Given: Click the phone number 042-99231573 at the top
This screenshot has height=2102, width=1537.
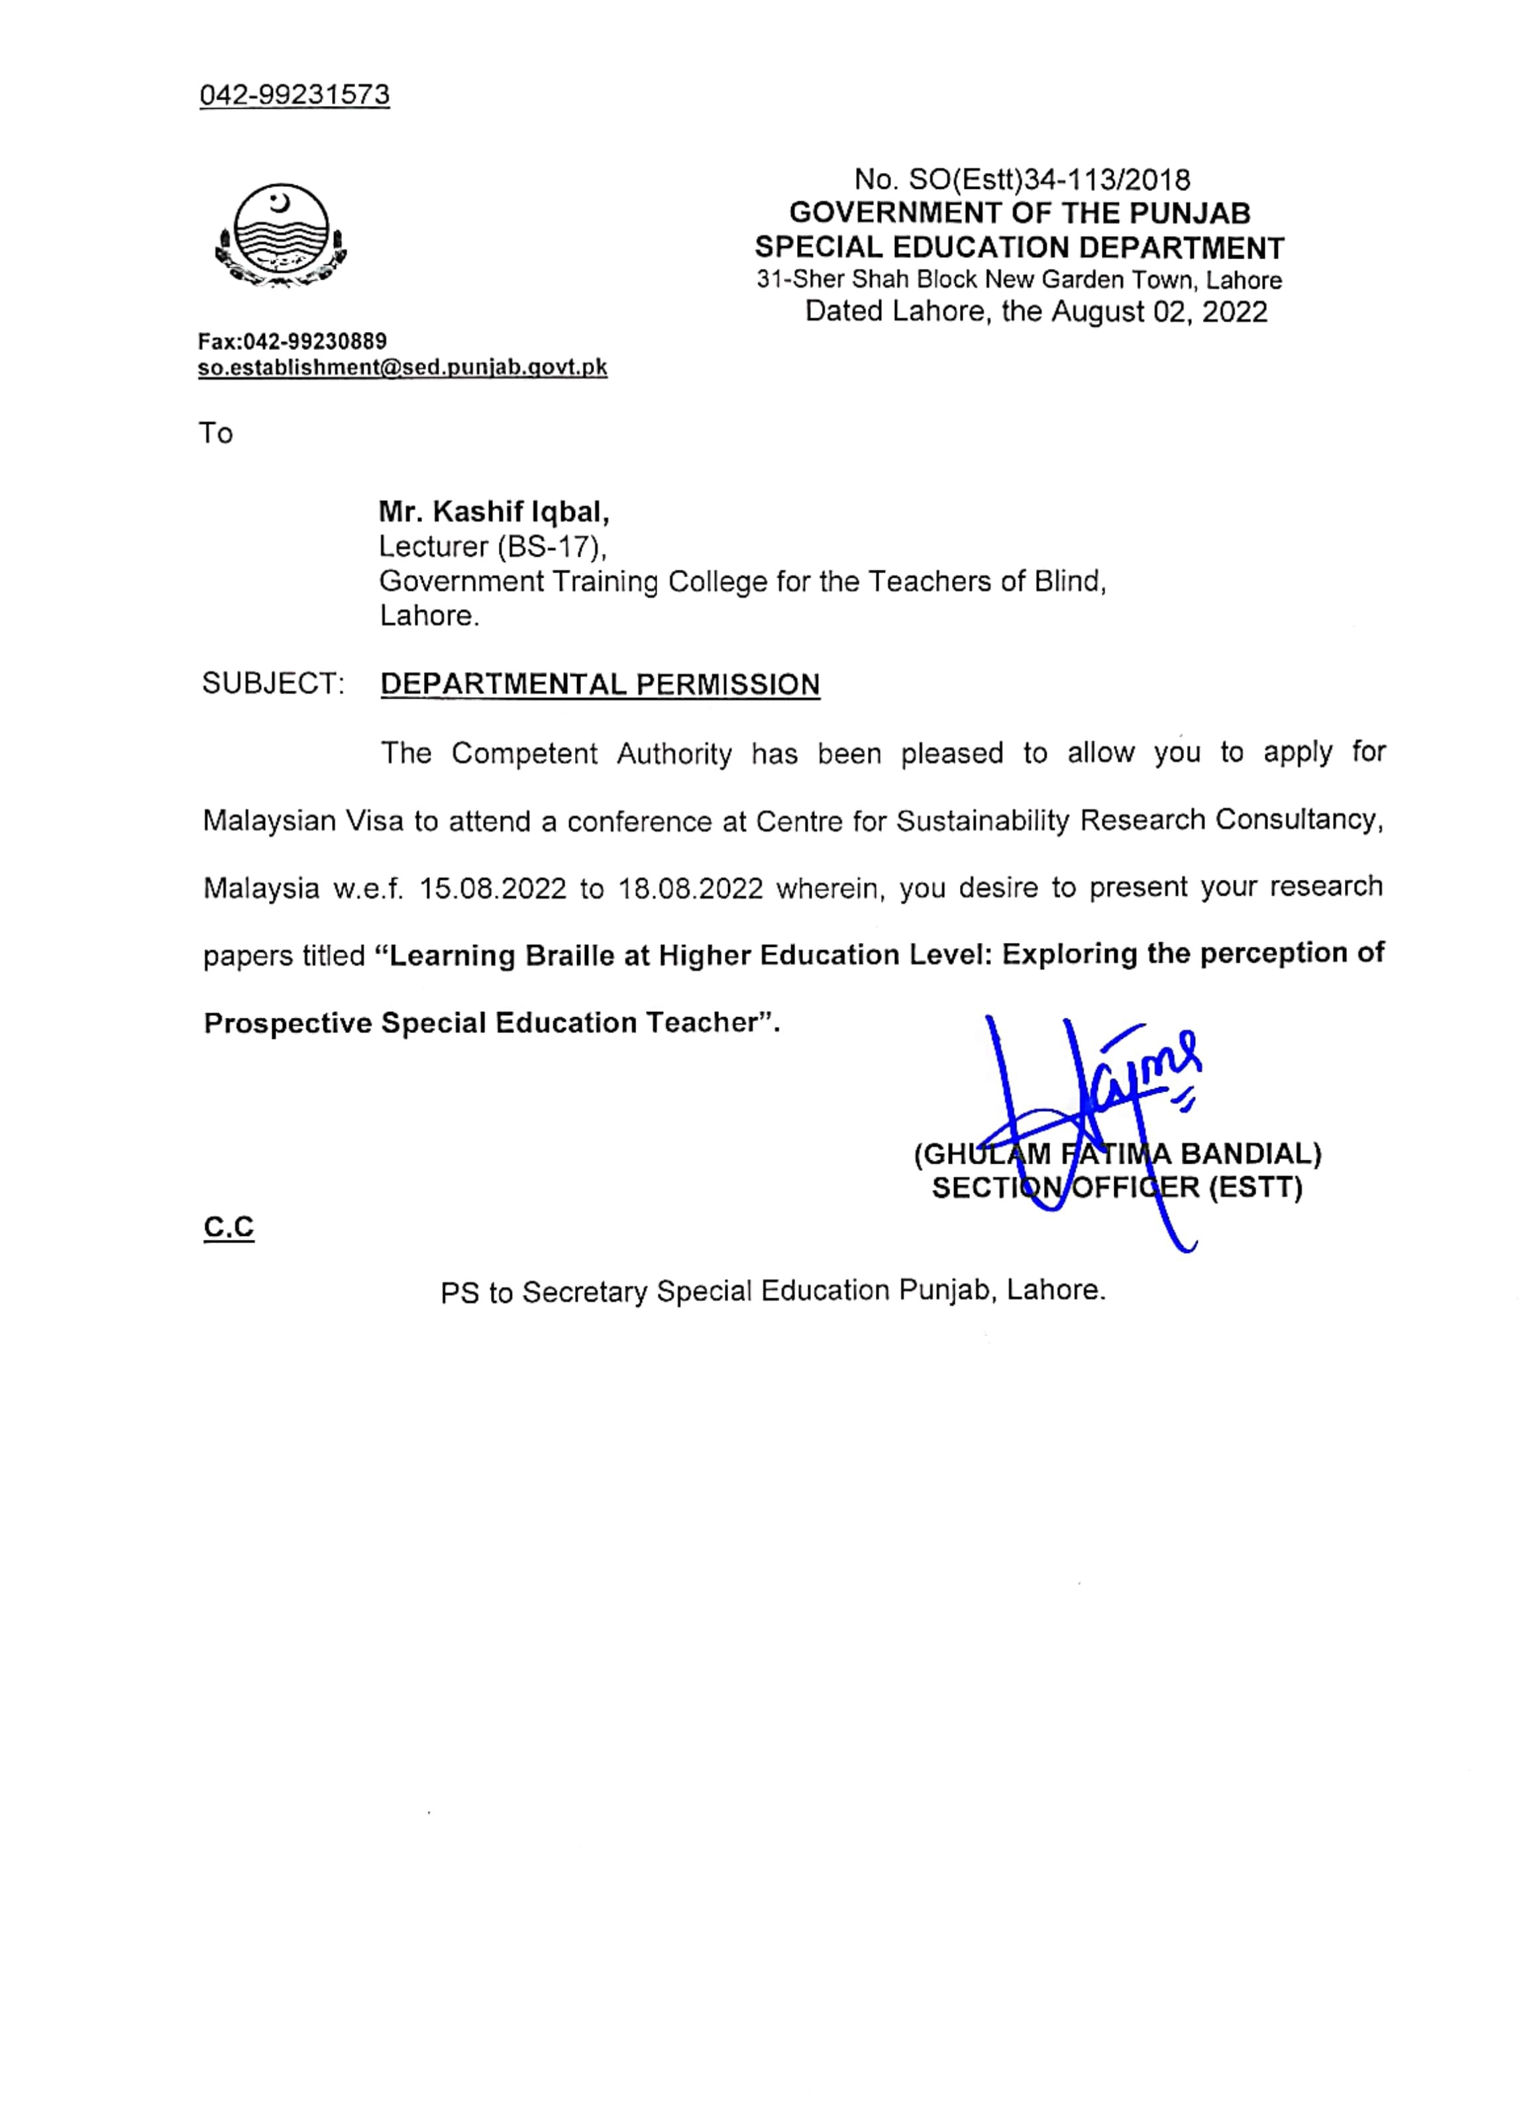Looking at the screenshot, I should (294, 95).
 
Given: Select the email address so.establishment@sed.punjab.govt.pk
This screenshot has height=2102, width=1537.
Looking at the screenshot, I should (402, 368).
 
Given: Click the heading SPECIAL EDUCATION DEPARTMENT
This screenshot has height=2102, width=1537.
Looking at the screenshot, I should (1019, 248).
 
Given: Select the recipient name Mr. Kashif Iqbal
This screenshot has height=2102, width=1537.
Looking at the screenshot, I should (493, 511).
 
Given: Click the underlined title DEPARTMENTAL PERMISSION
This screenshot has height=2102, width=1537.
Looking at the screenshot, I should (600, 685).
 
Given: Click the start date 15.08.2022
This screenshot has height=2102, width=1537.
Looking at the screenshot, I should (492, 889).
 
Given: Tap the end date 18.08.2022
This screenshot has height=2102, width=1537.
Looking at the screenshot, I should (690, 889).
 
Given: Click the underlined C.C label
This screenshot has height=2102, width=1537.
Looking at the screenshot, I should (229, 1227).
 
